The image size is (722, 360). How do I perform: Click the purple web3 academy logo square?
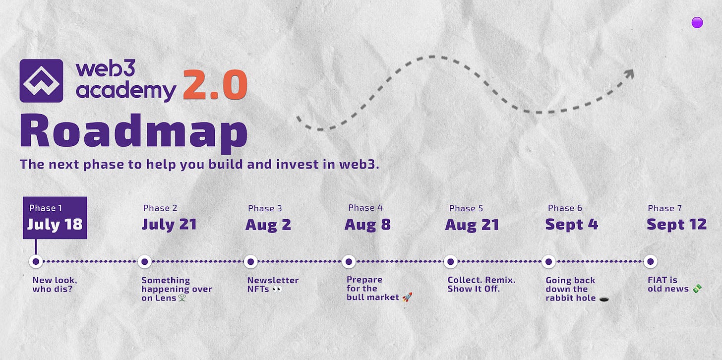pos(41,80)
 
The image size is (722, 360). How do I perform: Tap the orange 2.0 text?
pos(215,85)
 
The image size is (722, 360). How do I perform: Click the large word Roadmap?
pos(134,133)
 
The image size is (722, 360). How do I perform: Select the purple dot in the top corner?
pos(697,22)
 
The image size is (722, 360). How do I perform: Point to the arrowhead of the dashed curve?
pos(629,74)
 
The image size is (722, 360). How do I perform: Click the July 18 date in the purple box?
pos(55,224)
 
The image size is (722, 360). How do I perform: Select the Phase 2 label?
pos(160,208)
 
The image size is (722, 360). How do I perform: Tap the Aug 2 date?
pos(268,225)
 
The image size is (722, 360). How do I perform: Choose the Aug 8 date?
pos(367,225)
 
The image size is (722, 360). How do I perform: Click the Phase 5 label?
pos(466,209)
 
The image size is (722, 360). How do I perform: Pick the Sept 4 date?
pos(571,224)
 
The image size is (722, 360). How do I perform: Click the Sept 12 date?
pos(676,224)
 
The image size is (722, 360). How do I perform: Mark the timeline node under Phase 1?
pos(36,261)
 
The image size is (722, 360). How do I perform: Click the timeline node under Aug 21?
pos(451,261)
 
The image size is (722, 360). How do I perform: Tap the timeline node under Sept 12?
pos(651,261)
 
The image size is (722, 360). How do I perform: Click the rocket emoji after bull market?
pos(408,297)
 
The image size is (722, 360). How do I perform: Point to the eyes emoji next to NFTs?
pos(277,289)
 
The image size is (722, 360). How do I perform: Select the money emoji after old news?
pos(697,289)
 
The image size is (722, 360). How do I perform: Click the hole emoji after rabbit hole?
pos(604,300)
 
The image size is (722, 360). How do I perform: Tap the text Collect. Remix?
pos(481,280)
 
